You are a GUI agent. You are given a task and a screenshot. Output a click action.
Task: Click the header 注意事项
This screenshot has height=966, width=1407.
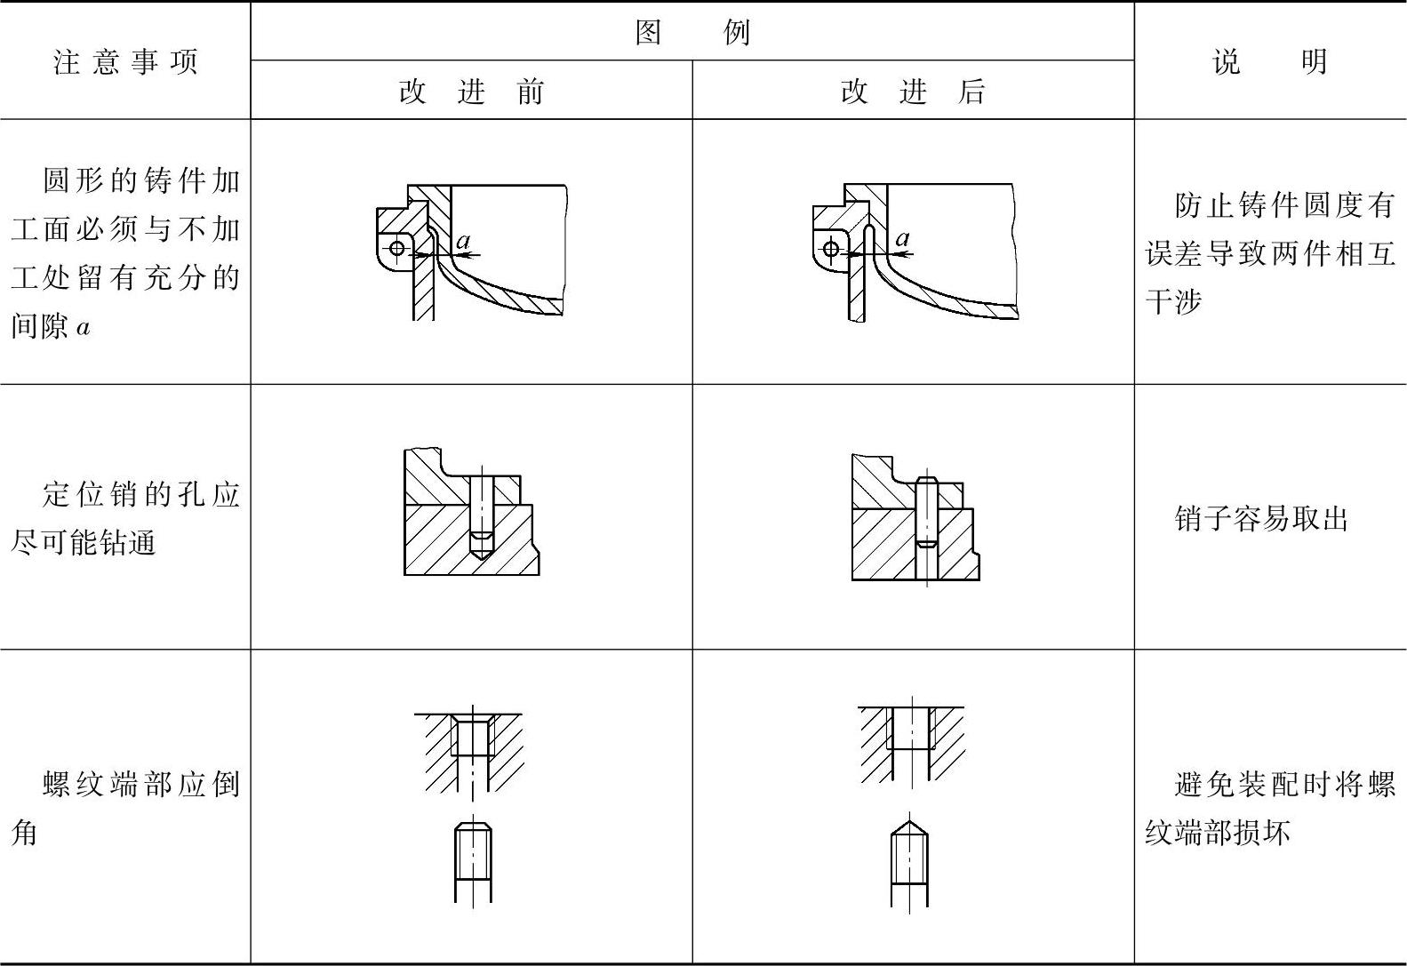click(x=125, y=62)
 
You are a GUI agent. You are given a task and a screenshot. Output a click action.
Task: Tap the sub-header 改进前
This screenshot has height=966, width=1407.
click(x=471, y=92)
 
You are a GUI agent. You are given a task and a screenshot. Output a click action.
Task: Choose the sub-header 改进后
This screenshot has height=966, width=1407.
click(x=913, y=92)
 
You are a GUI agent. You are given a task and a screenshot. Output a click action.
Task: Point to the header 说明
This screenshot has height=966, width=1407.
click(x=1269, y=62)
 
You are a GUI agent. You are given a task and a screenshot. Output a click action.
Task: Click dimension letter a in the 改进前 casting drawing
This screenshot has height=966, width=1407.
click(x=463, y=241)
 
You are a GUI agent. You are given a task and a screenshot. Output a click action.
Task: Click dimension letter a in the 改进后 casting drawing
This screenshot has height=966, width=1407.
click(x=902, y=239)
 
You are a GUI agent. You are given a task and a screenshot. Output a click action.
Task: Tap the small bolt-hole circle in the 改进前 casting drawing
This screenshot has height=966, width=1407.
click(x=397, y=248)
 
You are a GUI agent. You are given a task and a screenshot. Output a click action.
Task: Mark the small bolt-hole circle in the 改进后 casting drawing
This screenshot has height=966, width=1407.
click(x=831, y=248)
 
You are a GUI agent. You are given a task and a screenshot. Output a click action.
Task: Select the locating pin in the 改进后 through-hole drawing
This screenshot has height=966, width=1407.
click(x=926, y=512)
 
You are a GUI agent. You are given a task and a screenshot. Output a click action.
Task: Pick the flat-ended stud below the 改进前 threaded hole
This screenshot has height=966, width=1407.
click(x=473, y=862)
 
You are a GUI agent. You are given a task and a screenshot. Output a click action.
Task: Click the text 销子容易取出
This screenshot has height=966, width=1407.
click(x=1261, y=519)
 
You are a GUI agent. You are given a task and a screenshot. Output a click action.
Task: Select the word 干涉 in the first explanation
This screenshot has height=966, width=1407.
click(x=1173, y=301)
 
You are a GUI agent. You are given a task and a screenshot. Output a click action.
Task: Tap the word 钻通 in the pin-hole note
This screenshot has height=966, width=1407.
click(x=127, y=543)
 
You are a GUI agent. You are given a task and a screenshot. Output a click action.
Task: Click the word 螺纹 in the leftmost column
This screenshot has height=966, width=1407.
click(x=75, y=785)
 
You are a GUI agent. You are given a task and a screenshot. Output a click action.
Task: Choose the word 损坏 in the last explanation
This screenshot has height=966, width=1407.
click(x=1261, y=833)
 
